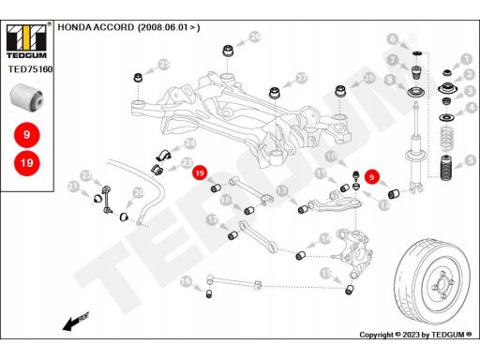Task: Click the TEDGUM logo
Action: click(x=26, y=41)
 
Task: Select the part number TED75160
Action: click(x=30, y=69)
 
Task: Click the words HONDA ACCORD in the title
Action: click(x=96, y=27)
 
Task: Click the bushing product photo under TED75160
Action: click(x=26, y=97)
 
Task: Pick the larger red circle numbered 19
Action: click(x=27, y=163)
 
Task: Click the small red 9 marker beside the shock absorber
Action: click(x=371, y=177)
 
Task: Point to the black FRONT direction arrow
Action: click(x=76, y=322)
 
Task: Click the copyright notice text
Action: click(x=415, y=335)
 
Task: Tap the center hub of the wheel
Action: click(x=442, y=284)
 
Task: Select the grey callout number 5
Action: click(x=471, y=161)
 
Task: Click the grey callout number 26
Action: click(x=255, y=37)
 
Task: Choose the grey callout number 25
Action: click(x=164, y=65)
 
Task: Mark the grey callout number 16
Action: click(x=186, y=281)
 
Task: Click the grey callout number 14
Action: click(x=325, y=239)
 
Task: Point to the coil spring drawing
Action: click(x=447, y=138)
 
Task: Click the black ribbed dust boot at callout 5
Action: click(x=447, y=168)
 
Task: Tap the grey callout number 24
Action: click(x=189, y=143)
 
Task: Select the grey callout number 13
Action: click(x=282, y=190)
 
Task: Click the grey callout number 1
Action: click(x=467, y=59)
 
